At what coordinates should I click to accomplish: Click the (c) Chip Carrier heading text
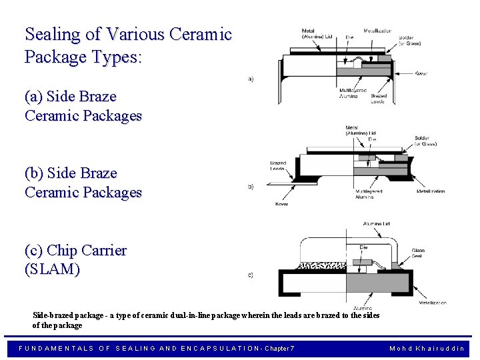(75, 251)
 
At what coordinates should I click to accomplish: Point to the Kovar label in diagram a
(421, 73)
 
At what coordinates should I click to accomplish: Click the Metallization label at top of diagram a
(377, 31)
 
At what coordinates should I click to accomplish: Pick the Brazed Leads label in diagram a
(377, 99)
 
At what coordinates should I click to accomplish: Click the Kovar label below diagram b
(281, 203)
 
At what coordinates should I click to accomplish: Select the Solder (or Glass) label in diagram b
(425, 141)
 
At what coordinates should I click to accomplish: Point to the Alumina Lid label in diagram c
(377, 223)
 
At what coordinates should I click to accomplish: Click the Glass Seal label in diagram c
(418, 253)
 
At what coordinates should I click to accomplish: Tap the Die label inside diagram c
(363, 247)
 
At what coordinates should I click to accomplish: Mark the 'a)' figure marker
(250, 79)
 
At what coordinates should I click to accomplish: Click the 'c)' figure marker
(250, 275)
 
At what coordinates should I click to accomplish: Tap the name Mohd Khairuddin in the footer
(427, 348)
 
